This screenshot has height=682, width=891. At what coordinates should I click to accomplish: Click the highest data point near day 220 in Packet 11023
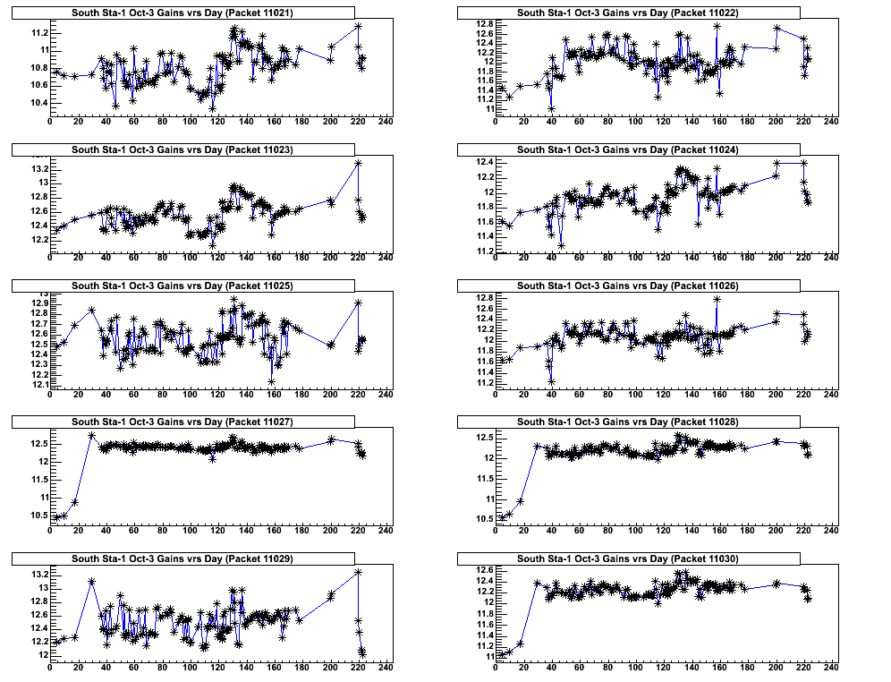(358, 163)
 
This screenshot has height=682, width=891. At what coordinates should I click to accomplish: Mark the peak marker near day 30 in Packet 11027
(91, 435)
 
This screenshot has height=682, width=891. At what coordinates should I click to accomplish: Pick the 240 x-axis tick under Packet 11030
(831, 668)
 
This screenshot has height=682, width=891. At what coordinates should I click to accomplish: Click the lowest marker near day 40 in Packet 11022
(552, 108)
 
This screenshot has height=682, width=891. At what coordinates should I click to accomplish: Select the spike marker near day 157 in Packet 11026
(717, 299)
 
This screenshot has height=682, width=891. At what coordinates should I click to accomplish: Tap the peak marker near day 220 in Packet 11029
(358, 571)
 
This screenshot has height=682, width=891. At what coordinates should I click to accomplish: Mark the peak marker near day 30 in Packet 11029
(91, 581)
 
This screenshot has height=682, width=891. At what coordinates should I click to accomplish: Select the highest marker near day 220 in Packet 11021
(358, 26)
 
